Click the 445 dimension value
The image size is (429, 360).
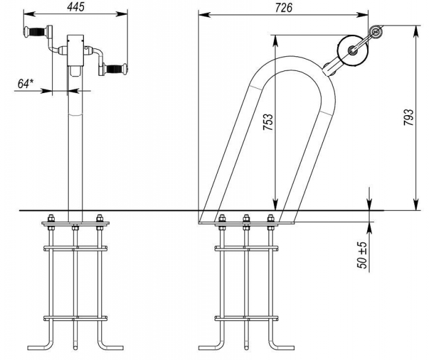pos(76,7)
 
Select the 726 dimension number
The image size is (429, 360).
pos(284,8)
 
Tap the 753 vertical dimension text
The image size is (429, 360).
pos(268,122)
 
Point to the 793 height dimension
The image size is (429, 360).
pos(409,118)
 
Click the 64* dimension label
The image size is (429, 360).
pos(26,83)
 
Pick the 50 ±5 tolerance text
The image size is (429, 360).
pos(362,255)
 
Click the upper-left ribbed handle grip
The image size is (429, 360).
pos(35,32)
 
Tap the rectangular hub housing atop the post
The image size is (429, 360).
pos(75,50)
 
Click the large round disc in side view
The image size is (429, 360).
pos(353,51)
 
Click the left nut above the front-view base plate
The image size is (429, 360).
pos(51,218)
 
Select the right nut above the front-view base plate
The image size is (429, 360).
pos(99,218)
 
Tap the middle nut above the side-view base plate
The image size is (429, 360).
pos(246,218)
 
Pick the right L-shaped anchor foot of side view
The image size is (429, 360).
pos(281,345)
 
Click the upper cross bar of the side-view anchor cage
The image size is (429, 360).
pos(246,249)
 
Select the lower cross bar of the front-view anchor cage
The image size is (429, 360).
pos(75,318)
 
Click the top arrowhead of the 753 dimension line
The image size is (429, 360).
pos(275,41)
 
